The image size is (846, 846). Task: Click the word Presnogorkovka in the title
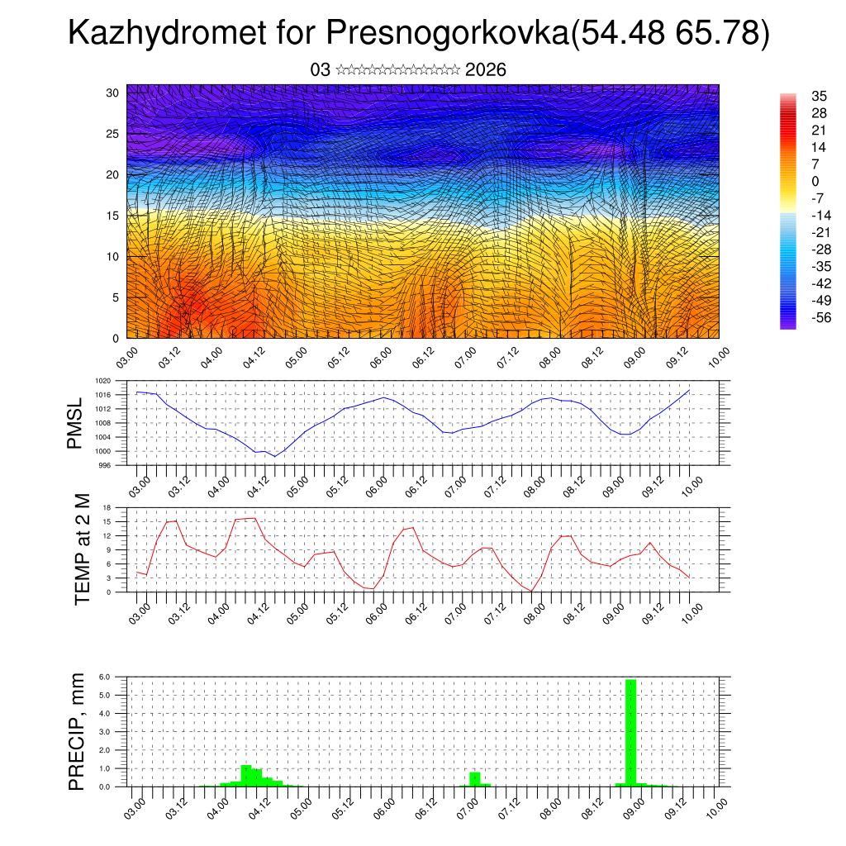pos(445,34)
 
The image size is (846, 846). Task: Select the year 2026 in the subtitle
pos(486,70)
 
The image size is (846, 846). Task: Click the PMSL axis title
pos(75,423)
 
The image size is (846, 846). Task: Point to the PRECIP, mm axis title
pos(77,731)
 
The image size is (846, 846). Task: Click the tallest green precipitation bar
pos(630,732)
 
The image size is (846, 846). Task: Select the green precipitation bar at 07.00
pos(475,779)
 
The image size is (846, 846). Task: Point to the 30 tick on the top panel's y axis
pos(113,93)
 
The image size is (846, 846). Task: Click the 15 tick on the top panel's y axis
pos(113,216)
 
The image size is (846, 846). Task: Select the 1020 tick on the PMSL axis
pos(102,381)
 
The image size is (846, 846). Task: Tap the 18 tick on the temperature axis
pos(107,506)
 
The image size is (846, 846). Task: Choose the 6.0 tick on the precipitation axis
pos(105,677)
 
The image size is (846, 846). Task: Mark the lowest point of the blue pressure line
pos(275,456)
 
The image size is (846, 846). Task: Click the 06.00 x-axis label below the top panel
pos(382,358)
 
